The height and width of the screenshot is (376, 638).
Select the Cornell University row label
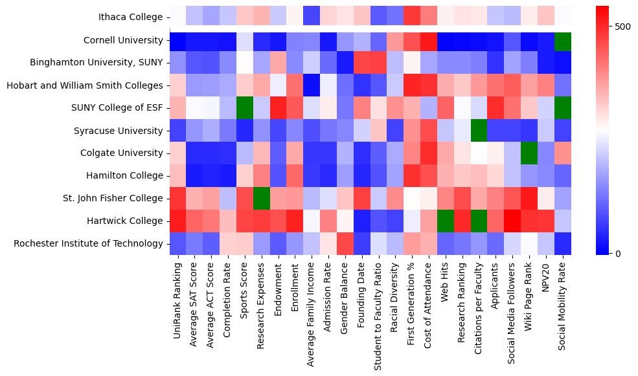click(123, 40)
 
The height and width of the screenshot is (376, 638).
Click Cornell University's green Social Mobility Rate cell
click(563, 40)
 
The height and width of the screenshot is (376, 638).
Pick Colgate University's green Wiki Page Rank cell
click(529, 153)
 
